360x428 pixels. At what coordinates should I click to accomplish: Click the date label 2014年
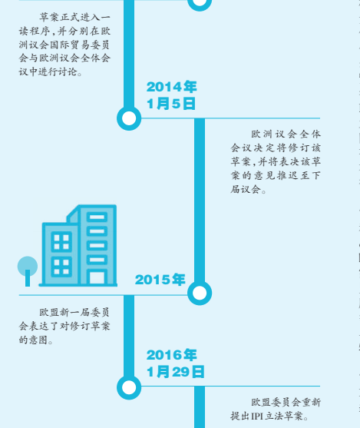point(171,87)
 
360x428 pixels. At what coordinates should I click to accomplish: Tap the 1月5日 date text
point(171,104)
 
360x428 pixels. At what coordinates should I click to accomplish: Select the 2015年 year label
point(160,280)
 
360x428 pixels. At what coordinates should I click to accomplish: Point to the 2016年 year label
point(171,355)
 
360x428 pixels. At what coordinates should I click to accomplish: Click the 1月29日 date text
point(175,372)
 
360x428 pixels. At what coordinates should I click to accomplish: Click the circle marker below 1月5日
point(129,118)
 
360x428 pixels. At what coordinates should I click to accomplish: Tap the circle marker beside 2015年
point(200,293)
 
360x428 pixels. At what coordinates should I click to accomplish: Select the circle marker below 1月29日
point(129,387)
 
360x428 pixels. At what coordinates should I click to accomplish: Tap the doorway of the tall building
point(97,277)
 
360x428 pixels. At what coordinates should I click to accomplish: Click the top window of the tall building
point(97,217)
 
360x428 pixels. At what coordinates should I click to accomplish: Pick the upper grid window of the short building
point(61,242)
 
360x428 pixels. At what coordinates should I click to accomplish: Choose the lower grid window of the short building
point(61,267)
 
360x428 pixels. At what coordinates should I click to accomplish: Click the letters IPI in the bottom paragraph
point(257,416)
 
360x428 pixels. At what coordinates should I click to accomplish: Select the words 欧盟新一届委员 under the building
point(74,312)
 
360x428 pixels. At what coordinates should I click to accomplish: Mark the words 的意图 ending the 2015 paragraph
point(33,340)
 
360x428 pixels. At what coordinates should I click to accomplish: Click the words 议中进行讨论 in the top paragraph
point(48,71)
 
